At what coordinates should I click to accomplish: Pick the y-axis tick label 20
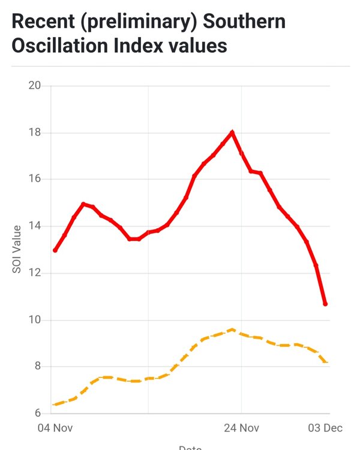(35, 85)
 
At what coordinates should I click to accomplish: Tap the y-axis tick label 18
(35, 132)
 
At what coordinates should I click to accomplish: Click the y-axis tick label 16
(35, 179)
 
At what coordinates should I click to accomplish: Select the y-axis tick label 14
(35, 226)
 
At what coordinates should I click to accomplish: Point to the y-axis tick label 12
(35, 273)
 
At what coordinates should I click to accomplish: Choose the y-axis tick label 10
(35, 320)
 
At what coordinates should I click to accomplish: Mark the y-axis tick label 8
(37, 367)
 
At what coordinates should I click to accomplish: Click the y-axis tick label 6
(37, 413)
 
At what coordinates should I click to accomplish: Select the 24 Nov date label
(241, 428)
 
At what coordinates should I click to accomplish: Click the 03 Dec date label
(325, 428)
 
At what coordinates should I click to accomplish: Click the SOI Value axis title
(17, 249)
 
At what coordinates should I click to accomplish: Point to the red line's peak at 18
(232, 132)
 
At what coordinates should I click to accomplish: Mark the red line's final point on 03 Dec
(325, 304)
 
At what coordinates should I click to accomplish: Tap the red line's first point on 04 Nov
(55, 250)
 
